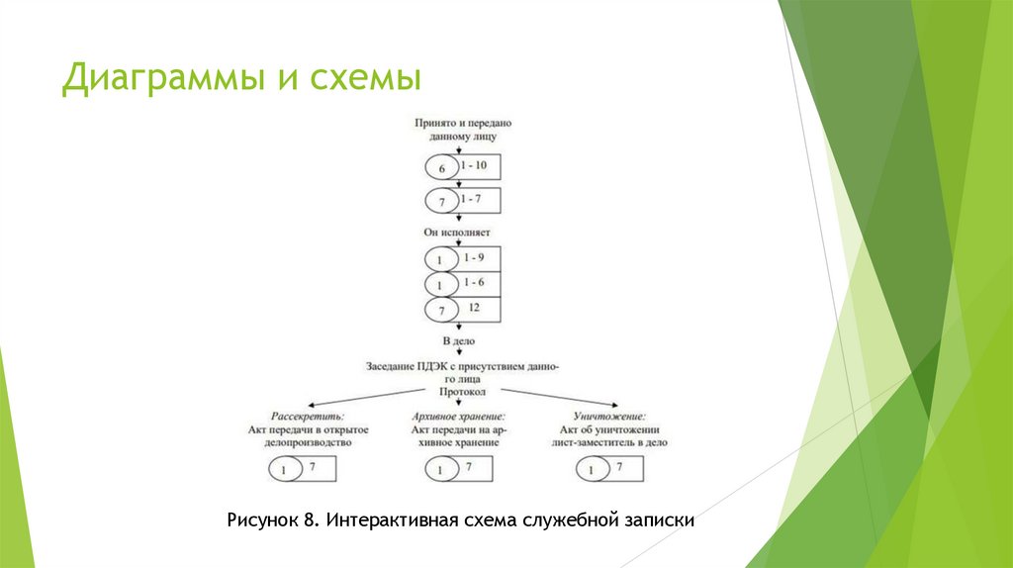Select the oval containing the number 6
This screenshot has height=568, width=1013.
pos(441,168)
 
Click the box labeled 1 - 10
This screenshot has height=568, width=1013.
pos(480,166)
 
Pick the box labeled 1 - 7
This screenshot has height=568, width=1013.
pos(479,201)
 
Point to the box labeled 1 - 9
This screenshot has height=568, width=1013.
pos(479,258)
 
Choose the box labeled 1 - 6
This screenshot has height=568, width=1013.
pos(479,284)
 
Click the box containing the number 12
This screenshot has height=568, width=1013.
pos(479,310)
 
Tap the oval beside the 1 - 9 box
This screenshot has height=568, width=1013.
pos(441,259)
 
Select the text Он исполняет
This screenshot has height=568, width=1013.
pos(457,233)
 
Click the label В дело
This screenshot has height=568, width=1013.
pos(458,341)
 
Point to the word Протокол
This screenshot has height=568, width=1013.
pos(457,392)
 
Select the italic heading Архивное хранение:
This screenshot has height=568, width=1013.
pos(458,417)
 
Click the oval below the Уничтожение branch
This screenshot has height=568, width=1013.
pos(591,470)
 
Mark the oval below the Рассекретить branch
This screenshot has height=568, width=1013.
pos(286,470)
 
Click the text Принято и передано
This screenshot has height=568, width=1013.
pos(462,124)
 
